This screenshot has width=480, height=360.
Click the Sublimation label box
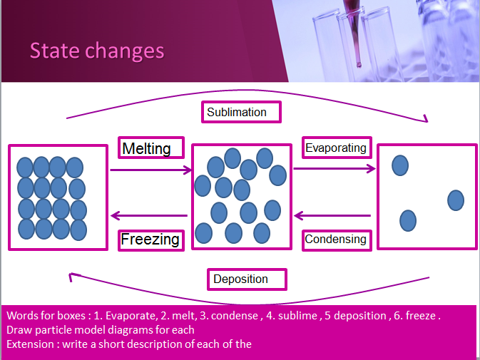(x=241, y=112)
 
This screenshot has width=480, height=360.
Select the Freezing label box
(x=151, y=240)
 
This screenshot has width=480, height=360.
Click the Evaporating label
(x=337, y=148)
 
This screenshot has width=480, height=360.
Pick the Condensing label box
(x=337, y=240)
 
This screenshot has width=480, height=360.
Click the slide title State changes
(x=97, y=51)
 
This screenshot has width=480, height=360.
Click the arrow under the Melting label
(x=151, y=170)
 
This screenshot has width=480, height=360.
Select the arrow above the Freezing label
(x=149, y=215)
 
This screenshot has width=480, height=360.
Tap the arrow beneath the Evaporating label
(x=335, y=168)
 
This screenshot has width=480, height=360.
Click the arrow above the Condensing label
(x=332, y=215)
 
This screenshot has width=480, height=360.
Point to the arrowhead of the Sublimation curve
(x=426, y=119)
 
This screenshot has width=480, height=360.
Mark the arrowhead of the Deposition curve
(x=71, y=276)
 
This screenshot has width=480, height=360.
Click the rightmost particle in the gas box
(x=456, y=200)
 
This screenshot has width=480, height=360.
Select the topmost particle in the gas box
(x=400, y=165)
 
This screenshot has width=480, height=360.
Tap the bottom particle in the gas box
(x=408, y=220)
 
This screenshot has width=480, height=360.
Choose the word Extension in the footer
(x=30, y=344)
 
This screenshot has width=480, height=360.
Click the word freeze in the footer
(x=421, y=316)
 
